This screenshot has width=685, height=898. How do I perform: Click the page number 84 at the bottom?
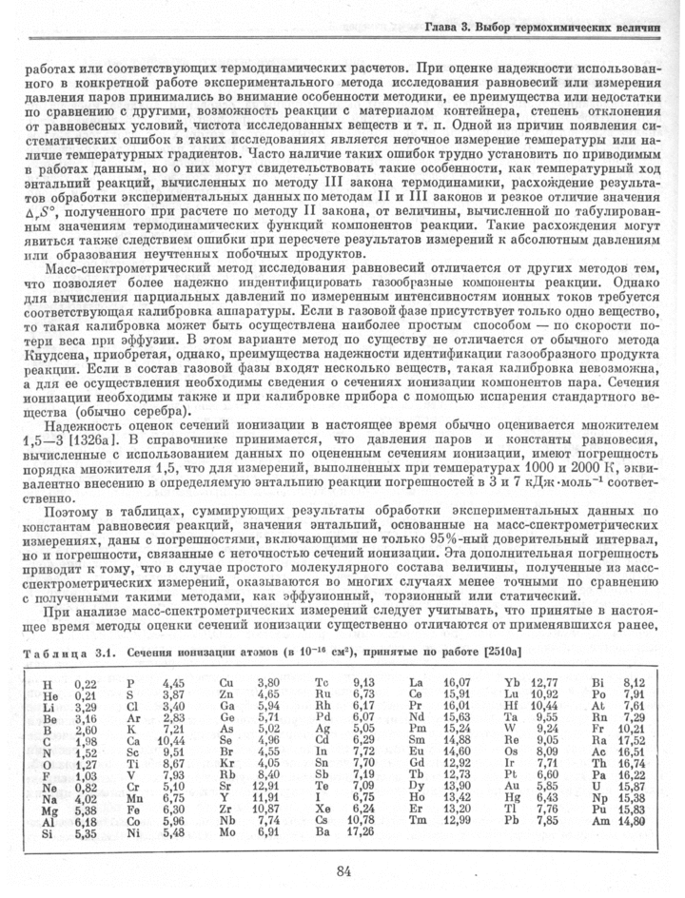click(x=344, y=869)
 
